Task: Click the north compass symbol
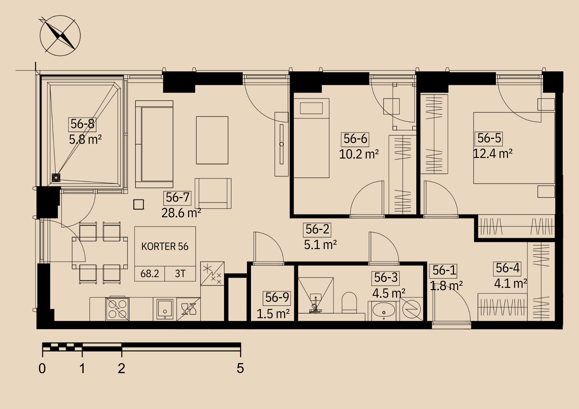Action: point(60,36)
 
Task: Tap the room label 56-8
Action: point(83,124)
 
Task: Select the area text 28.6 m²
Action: point(181,213)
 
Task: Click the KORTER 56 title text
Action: point(165,246)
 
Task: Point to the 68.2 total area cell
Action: point(150,274)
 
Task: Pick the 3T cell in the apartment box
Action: point(180,274)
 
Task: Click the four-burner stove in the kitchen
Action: point(118,309)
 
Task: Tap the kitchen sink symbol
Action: point(165,309)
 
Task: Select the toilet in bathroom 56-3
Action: point(349,303)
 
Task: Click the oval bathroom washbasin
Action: point(384,310)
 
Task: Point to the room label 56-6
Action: point(355,139)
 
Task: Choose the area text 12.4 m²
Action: point(493,154)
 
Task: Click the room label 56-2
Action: point(317,230)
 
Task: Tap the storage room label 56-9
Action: point(277,298)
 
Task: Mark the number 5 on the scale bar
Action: point(240,368)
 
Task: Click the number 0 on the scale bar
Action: point(42,368)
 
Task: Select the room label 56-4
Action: point(507,268)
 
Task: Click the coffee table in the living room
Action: point(212,140)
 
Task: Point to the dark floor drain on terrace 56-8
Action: point(56,178)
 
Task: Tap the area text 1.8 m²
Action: point(446,286)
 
